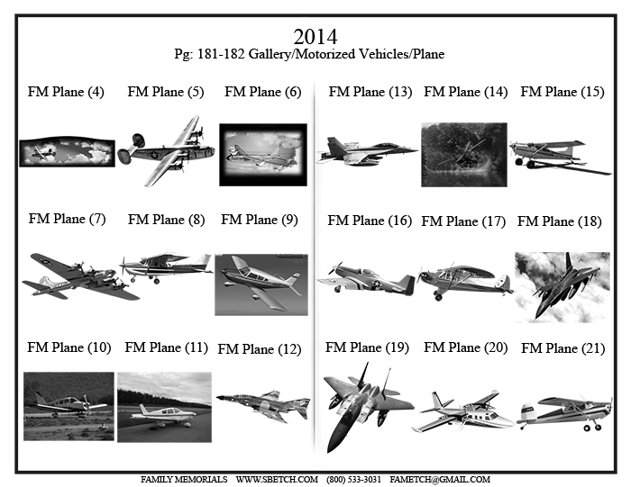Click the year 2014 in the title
(x=315, y=37)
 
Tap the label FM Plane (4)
(x=66, y=92)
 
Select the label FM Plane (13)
(x=370, y=92)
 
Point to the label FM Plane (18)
(x=560, y=221)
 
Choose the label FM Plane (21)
(x=563, y=348)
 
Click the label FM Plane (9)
(x=260, y=220)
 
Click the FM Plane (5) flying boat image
(x=166, y=151)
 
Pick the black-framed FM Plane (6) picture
(x=263, y=155)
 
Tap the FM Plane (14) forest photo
(x=464, y=155)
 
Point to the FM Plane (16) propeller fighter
(x=366, y=278)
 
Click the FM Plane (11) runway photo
(x=165, y=407)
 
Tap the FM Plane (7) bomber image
(x=80, y=276)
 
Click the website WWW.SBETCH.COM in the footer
(x=277, y=480)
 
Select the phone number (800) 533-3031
(x=353, y=480)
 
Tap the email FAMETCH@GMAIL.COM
(x=440, y=480)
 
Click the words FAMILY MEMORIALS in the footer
(x=184, y=480)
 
